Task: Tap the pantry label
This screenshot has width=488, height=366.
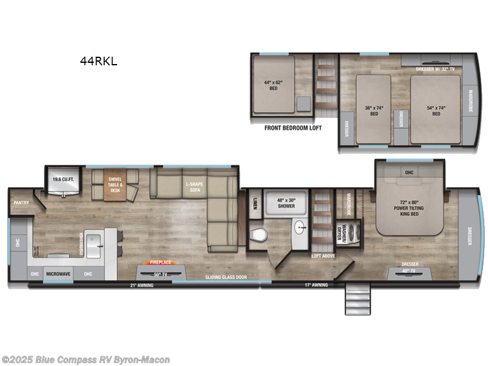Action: click(x=21, y=203)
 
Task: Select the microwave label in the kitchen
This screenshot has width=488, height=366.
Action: click(x=59, y=274)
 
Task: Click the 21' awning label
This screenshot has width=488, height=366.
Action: click(x=141, y=285)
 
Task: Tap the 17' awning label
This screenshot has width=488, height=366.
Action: click(x=316, y=285)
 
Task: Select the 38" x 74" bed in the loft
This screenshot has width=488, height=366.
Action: click(x=373, y=110)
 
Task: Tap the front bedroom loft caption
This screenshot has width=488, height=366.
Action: click(x=293, y=128)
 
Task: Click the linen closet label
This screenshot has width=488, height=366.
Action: click(x=253, y=206)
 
